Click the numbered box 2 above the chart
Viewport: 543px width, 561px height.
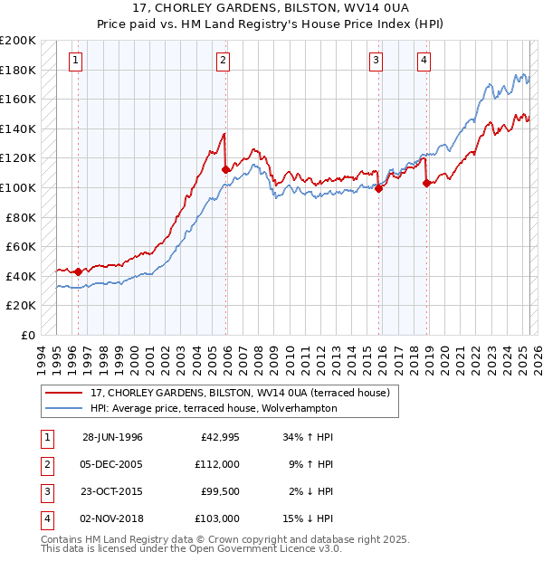223,61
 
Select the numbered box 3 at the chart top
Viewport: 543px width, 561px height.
376,61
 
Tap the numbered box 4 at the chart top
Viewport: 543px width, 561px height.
424,61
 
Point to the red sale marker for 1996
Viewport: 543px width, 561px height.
78,271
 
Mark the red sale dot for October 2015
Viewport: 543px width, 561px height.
378,188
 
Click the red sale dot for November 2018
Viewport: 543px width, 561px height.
426,183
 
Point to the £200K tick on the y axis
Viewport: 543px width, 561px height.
18,41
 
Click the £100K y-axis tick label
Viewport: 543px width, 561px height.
18,187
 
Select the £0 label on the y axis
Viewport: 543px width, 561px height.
27,335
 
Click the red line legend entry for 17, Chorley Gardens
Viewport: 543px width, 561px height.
239,393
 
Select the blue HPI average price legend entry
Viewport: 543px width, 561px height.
213,408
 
